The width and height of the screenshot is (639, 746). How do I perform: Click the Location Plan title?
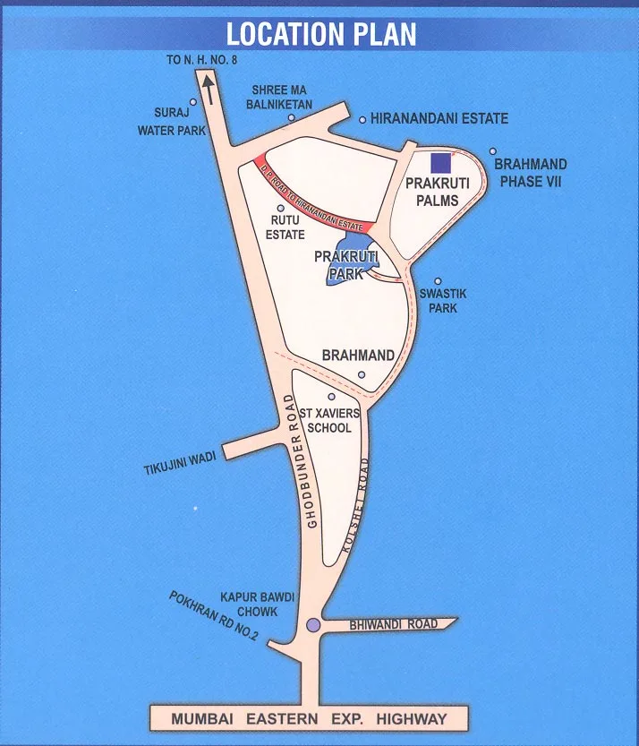tap(320, 35)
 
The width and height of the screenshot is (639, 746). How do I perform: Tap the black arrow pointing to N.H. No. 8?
tap(208, 90)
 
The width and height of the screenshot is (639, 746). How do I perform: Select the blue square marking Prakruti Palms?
tap(439, 163)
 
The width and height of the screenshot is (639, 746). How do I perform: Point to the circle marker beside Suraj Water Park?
tap(193, 102)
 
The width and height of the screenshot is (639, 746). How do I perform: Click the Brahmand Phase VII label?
tap(530, 173)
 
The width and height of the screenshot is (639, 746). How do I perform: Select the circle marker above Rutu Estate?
tap(280, 208)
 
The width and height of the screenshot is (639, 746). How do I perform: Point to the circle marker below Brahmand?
tap(362, 374)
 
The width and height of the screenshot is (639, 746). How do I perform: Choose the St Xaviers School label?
tap(330, 421)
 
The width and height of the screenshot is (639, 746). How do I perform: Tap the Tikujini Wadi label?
tap(180, 463)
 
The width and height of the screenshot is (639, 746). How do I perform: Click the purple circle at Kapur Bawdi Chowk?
tap(312, 626)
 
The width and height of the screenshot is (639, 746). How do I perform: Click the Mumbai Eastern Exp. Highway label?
tap(310, 718)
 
